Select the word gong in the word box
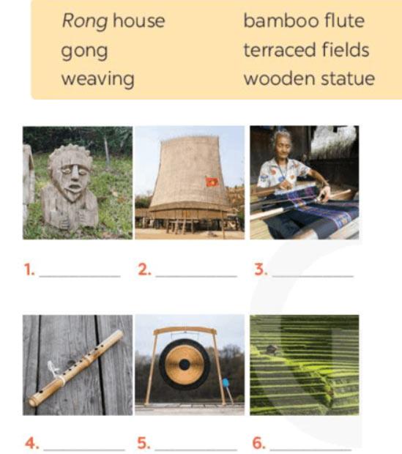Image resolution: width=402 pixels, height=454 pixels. (84, 51)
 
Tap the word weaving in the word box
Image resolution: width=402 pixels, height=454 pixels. (98, 80)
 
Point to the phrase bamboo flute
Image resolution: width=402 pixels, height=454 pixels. (304, 21)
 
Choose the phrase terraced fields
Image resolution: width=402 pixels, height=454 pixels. (306, 50)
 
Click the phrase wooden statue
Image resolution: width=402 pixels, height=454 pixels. (309, 78)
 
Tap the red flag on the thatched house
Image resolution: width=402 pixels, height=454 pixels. (212, 182)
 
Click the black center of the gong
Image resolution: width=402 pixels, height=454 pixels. (185, 365)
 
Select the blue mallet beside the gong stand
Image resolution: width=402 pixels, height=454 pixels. (226, 383)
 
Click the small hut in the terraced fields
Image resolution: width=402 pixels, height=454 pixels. (272, 350)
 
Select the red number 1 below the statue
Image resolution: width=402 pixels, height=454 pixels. (29, 269)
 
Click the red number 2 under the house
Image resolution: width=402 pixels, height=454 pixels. (144, 269)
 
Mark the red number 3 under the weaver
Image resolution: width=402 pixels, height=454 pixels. (261, 269)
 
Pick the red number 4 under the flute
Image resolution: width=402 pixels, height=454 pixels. (31, 443)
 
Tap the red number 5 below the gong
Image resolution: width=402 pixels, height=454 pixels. (144, 443)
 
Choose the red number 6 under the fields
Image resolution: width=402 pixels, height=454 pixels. (258, 443)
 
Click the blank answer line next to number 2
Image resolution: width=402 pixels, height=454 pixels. (196, 276)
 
